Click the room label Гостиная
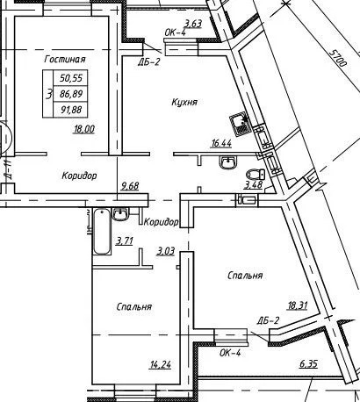tap(65, 59)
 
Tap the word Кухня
tap(184, 102)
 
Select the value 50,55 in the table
tap(71, 78)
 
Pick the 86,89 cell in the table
tap(71, 94)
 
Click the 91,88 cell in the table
tap(71, 110)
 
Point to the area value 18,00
tap(84, 129)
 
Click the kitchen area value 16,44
tap(221, 143)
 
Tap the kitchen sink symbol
tap(240, 125)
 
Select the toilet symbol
tap(256, 175)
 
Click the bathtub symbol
tap(102, 231)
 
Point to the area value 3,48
tap(254, 185)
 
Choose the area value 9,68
tap(130, 186)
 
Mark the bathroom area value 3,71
tap(125, 241)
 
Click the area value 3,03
tap(166, 251)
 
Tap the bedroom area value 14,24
tap(161, 365)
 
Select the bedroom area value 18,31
tap(298, 305)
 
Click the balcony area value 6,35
tap(308, 364)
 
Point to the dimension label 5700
tap(337, 58)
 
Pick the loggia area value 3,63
tap(192, 23)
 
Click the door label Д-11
tap(8, 169)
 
